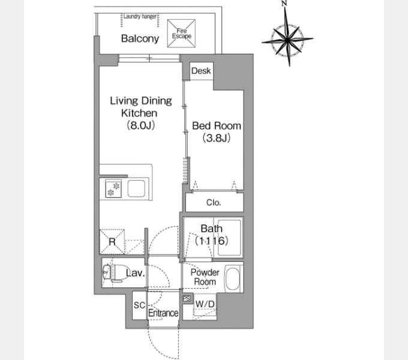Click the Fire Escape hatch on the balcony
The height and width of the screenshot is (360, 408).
(181, 34)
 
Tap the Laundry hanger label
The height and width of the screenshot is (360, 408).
(140, 16)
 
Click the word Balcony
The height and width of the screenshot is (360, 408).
(140, 38)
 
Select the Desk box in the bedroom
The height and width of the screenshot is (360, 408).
(202, 71)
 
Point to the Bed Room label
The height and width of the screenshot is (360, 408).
(217, 126)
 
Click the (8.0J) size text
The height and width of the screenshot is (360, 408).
(141, 125)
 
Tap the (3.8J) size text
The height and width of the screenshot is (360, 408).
(217, 138)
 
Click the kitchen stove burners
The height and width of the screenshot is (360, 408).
(113, 188)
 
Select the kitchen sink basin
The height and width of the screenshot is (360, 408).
(136, 188)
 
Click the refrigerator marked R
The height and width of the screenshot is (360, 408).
(112, 242)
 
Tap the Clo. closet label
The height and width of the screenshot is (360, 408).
(214, 202)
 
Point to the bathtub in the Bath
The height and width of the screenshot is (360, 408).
(229, 238)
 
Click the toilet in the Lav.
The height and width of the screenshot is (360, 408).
(112, 273)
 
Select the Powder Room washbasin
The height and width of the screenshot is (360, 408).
(232, 278)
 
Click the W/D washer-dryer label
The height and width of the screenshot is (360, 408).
(205, 304)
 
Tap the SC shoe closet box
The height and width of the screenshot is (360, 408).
(139, 305)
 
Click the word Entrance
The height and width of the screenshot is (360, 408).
(163, 313)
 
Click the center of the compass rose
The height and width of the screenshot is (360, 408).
(287, 40)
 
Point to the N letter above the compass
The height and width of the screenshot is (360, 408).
(284, 3)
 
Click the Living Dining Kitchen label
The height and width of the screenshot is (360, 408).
(141, 107)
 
